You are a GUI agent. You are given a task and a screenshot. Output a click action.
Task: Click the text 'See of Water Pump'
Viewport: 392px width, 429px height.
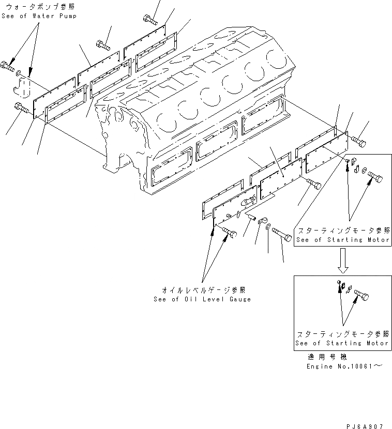click(x=39, y=16)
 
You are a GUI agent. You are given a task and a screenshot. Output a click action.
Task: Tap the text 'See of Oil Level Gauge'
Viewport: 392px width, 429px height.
click(x=202, y=299)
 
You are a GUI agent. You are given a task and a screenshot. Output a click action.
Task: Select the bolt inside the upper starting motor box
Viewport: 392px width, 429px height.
click(x=375, y=179)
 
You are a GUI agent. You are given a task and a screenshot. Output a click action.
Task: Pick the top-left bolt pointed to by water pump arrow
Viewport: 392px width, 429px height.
click(x=8, y=66)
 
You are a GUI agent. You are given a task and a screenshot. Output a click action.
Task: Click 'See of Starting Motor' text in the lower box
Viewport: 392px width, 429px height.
click(x=342, y=343)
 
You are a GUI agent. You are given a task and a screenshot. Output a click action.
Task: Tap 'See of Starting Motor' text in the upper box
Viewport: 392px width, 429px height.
click(x=342, y=240)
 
